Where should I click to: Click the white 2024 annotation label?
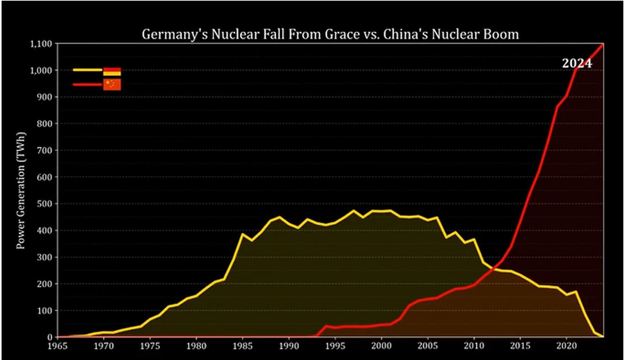point(577,64)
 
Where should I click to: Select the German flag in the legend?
point(112,71)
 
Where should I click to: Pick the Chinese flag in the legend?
point(112,84)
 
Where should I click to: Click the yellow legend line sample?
point(87,70)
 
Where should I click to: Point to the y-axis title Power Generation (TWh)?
point(21,191)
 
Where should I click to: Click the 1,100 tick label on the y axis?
point(42,44)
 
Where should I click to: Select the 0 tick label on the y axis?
point(51,337)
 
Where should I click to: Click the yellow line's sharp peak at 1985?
point(242,234)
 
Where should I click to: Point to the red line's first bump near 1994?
point(326,326)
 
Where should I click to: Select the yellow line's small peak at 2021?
point(576,291)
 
